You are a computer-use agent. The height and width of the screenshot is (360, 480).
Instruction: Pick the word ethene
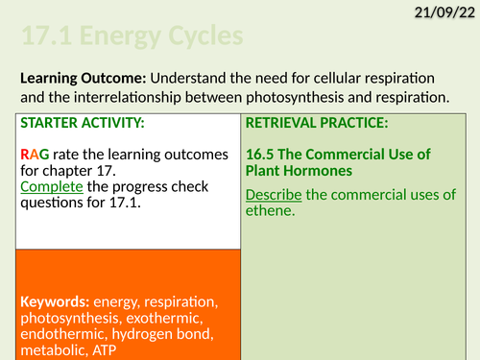coord(273,211)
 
